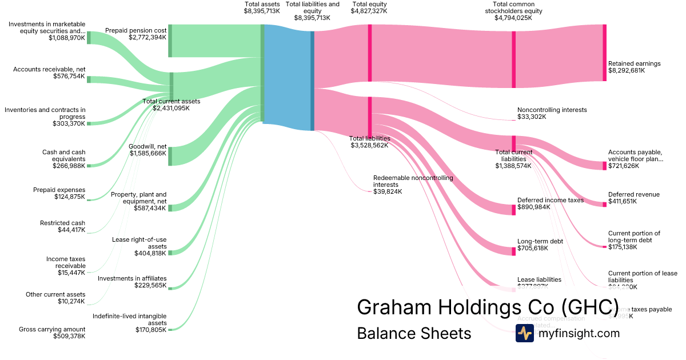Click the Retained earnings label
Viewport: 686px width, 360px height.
point(634,63)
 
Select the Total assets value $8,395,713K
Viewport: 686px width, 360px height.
point(262,11)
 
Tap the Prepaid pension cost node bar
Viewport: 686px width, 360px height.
point(170,41)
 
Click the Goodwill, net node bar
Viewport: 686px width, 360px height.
point(170,156)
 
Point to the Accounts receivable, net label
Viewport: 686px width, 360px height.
point(49,69)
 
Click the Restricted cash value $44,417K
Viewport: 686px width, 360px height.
point(71,230)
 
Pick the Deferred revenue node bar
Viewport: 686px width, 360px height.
point(604,204)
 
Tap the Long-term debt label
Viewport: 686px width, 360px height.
point(540,241)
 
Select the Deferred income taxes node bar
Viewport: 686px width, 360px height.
point(513,209)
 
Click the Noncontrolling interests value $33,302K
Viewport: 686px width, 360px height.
point(532,117)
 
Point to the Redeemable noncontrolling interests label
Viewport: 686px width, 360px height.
point(413,181)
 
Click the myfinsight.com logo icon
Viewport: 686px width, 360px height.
point(524,333)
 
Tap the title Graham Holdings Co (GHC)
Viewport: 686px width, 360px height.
point(488,307)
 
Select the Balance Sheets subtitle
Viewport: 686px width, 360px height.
point(414,333)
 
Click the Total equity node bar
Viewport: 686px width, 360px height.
point(370,53)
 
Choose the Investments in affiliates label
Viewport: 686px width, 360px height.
point(132,278)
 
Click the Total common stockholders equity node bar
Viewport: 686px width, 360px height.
point(513,59)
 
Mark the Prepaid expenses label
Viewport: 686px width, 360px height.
point(59,190)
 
